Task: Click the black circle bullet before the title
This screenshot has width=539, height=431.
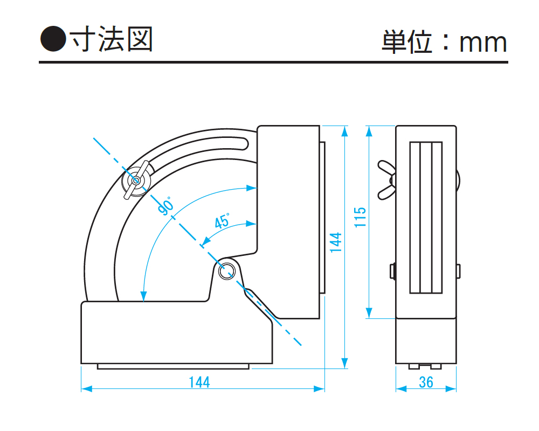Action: tap(52, 39)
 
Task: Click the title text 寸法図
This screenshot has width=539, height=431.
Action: tap(112, 39)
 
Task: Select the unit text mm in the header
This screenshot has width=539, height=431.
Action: tap(483, 43)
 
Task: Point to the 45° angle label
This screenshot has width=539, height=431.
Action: tap(222, 221)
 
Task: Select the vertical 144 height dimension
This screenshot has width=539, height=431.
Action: tap(335, 242)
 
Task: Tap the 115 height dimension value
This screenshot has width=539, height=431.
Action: tap(361, 217)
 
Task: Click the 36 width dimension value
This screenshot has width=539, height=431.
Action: tap(426, 382)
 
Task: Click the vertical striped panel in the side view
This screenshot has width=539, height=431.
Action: tap(426, 217)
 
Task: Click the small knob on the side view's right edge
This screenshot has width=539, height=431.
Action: tap(459, 271)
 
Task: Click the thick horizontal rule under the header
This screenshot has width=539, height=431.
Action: tap(273, 62)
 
